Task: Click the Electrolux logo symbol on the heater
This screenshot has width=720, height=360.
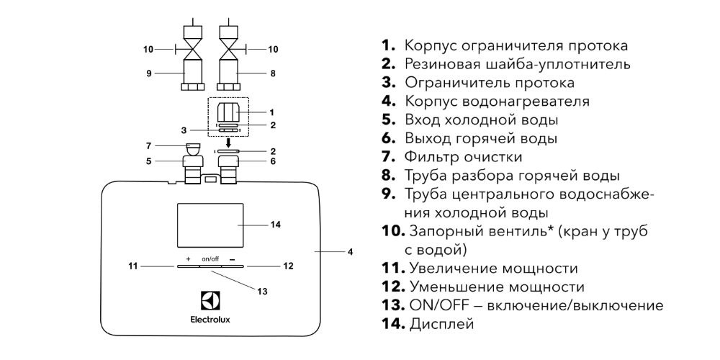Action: (210, 301)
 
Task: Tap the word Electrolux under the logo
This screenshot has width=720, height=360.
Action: (210, 320)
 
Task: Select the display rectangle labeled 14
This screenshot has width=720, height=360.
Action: (210, 225)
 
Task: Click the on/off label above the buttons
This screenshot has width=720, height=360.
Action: (210, 259)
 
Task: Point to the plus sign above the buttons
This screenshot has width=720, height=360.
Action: (187, 259)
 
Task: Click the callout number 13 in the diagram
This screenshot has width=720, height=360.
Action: (262, 291)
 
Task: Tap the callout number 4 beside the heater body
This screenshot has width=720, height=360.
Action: (350, 251)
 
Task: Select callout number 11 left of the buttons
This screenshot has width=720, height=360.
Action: (132, 266)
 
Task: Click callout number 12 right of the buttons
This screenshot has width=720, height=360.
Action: (288, 266)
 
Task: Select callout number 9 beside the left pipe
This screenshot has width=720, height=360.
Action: (149, 73)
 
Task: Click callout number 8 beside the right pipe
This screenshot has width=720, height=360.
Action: (273, 73)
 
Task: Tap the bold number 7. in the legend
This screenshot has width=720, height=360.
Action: (388, 156)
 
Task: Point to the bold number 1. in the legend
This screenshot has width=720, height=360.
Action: (388, 45)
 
